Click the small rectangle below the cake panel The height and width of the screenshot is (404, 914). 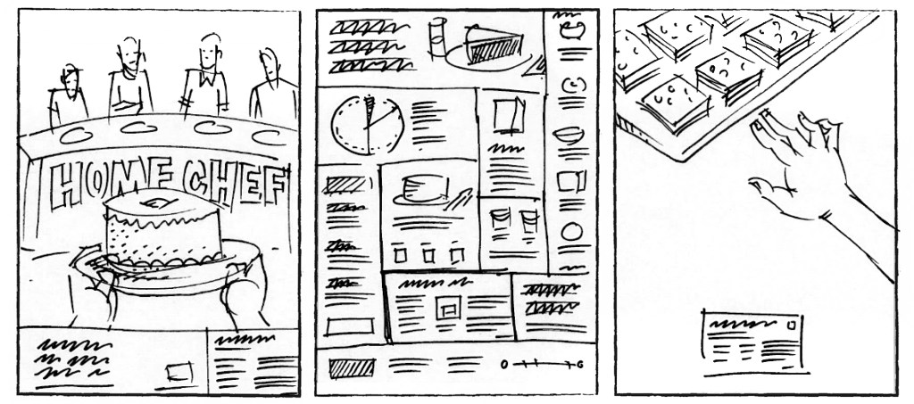[x=179, y=372]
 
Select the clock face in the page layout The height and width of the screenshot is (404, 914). [x=367, y=125]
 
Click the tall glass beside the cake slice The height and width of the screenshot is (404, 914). [x=437, y=37]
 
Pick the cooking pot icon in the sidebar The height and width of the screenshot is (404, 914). [x=572, y=29]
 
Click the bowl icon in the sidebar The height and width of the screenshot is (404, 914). [x=569, y=136]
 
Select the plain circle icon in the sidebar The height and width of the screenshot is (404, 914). [x=572, y=232]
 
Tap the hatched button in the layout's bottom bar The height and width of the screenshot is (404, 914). [x=352, y=368]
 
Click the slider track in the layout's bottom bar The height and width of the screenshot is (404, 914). [x=541, y=365]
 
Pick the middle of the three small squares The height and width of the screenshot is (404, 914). [x=429, y=255]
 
